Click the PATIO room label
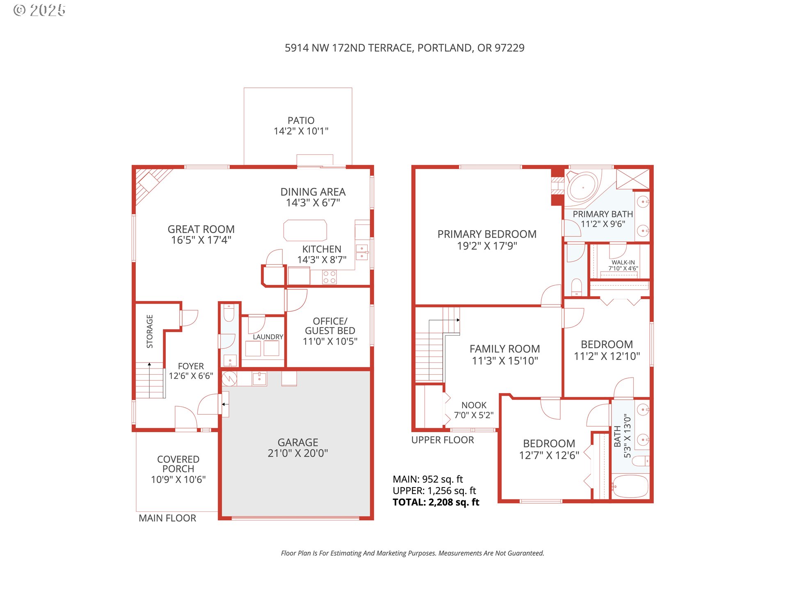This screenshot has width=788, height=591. point(301,121)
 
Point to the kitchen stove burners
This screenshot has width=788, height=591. point(329,277)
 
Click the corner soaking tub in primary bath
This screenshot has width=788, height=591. point(583,187)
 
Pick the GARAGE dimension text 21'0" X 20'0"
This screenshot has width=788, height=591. point(298,453)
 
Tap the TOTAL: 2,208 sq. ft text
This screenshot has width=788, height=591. point(436,502)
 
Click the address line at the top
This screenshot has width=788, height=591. point(405,48)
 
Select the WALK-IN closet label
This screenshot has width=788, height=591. point(623,262)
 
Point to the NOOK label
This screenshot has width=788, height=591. point(474,405)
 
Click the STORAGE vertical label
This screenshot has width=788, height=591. point(150,331)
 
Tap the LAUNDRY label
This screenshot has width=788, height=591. point(268,337)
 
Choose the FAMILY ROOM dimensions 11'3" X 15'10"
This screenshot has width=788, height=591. point(505,361)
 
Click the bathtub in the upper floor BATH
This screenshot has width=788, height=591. point(630,486)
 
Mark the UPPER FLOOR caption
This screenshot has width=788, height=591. point(442,440)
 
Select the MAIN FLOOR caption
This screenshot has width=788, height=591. point(167,518)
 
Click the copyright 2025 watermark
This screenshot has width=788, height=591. point(39,10)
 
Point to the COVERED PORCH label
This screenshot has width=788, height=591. point(178,464)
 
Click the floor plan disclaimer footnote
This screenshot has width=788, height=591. point(412,553)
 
